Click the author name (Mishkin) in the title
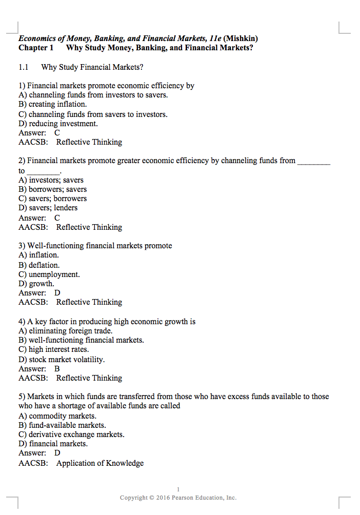241,38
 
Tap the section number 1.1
23,67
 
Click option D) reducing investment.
58,124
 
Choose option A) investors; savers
51,180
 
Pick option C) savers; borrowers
52,199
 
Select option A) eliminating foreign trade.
65,331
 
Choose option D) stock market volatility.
62,360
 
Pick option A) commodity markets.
57,416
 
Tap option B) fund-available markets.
62,425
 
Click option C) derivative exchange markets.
71,434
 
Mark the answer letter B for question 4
57,369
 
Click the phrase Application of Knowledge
100,463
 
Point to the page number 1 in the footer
178,489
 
